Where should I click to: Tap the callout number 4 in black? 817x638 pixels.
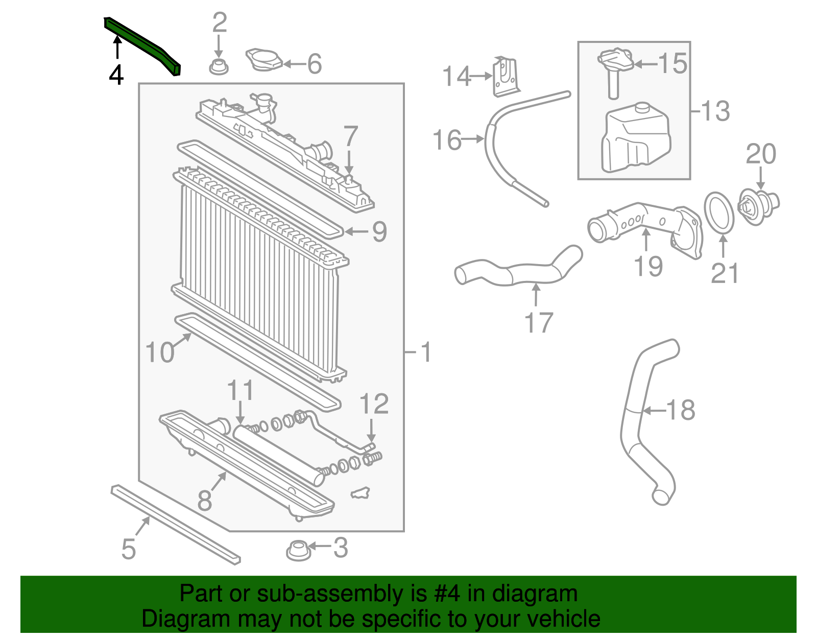tap(116, 75)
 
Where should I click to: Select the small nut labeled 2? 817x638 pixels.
tap(219, 66)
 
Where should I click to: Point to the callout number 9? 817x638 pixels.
tap(379, 231)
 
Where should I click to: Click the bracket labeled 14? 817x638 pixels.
tap(505, 77)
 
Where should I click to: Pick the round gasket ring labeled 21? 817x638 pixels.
tap(719, 212)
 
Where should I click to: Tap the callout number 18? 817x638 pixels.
tap(681, 410)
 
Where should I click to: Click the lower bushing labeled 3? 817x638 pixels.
tap(298, 551)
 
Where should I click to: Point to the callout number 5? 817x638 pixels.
tap(128, 549)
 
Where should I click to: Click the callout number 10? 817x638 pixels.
tap(160, 352)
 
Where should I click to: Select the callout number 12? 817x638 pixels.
tap(374, 404)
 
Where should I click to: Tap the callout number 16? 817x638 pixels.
tap(447, 140)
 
